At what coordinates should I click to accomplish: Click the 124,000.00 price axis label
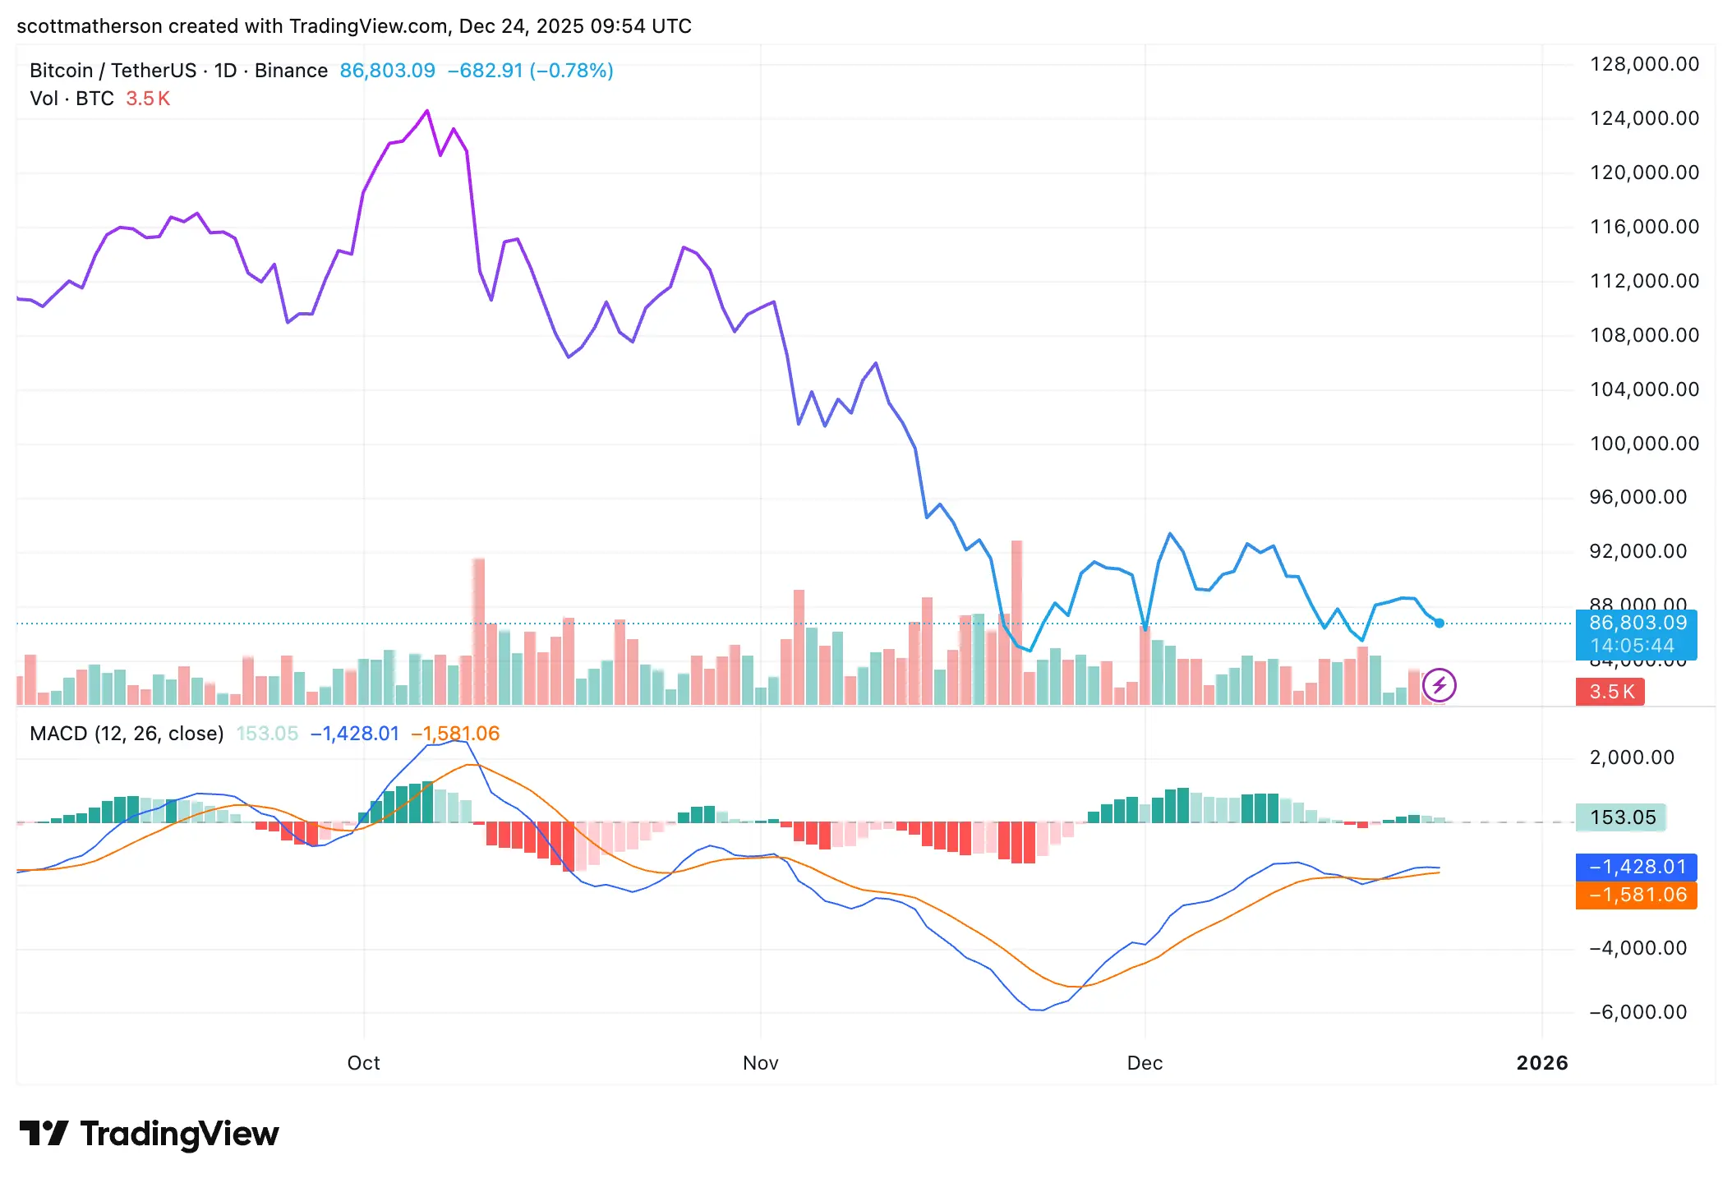[1644, 118]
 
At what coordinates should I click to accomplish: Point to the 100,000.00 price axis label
[1644, 444]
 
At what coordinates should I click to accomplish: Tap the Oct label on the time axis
[363, 1063]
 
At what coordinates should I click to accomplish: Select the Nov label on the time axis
[760, 1063]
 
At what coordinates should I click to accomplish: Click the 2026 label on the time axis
[1541, 1063]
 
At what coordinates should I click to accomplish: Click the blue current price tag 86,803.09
[1637, 624]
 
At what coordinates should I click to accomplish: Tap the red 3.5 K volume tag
[1610, 692]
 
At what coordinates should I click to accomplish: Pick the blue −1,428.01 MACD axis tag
[1636, 867]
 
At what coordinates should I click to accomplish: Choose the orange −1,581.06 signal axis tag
[1636, 895]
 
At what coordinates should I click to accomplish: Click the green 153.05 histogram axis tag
[1622, 817]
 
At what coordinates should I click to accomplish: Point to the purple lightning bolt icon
[1439, 685]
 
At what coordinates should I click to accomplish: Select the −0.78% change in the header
[572, 71]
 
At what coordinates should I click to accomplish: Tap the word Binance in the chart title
[291, 71]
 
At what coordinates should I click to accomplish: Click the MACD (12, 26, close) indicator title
[127, 734]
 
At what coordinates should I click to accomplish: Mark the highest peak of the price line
[426, 111]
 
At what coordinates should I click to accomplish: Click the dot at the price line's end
[1439, 624]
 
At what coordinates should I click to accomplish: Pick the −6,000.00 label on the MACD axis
[1638, 1012]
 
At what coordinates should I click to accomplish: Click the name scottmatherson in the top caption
[89, 26]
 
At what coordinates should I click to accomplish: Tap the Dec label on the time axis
[1145, 1063]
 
